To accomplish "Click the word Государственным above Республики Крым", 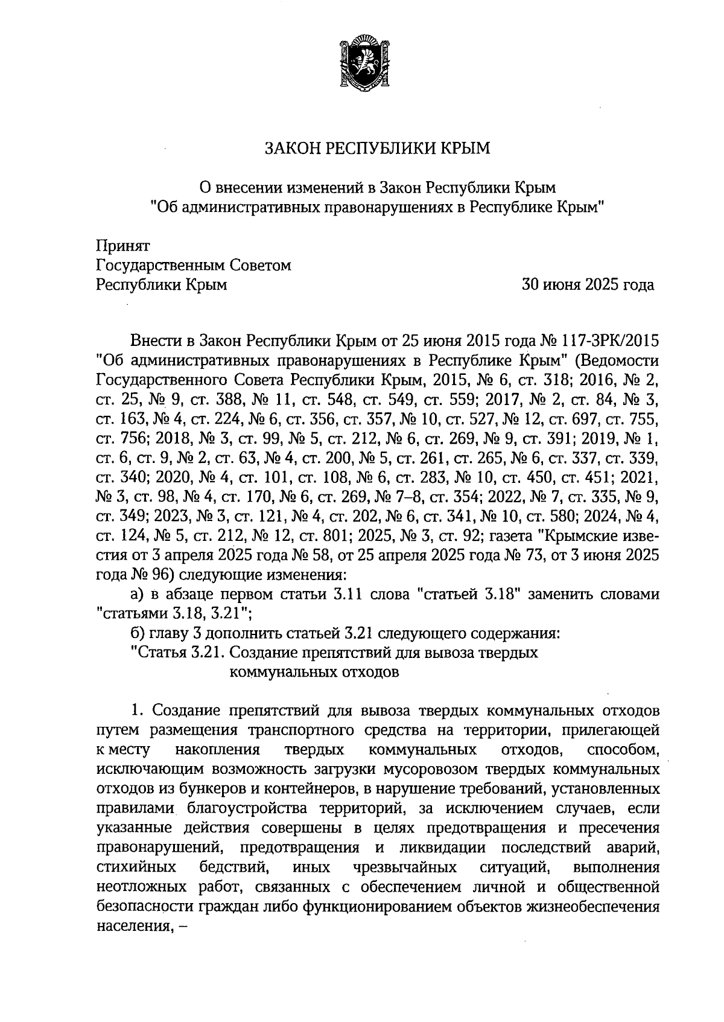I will tap(161, 266).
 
